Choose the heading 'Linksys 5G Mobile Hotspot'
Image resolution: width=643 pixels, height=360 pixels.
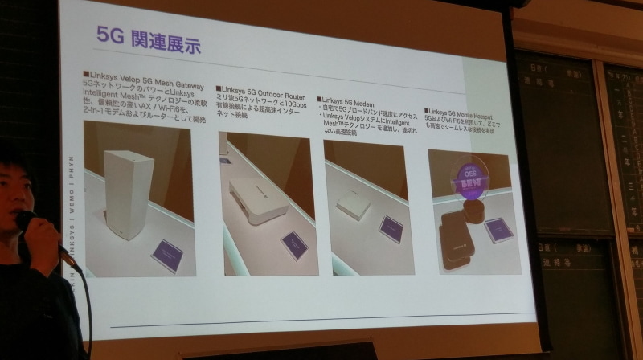point(473,112)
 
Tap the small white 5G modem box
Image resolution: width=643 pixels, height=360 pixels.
point(353,208)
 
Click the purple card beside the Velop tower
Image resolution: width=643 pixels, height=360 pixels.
point(167,256)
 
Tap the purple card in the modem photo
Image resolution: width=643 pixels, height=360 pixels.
point(391,229)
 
